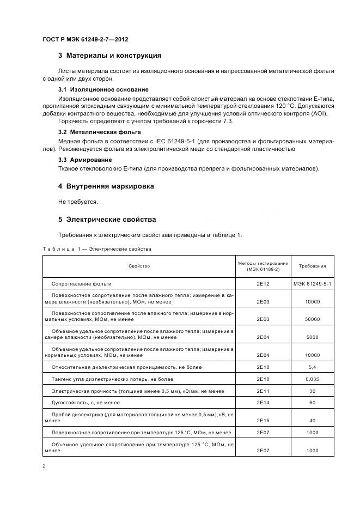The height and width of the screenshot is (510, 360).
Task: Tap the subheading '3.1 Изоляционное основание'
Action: (x=103, y=89)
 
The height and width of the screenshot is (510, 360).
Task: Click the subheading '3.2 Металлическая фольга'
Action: (x=99, y=132)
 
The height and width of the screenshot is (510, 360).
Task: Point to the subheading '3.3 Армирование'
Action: (x=85, y=160)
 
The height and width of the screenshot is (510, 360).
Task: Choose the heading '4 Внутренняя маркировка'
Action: (x=106, y=186)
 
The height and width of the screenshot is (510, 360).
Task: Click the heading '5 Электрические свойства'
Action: (x=107, y=220)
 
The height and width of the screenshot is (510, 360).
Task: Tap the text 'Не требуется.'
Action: (x=78, y=202)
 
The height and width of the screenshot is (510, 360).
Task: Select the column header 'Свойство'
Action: (x=139, y=266)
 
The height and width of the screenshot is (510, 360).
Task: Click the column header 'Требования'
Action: (x=312, y=266)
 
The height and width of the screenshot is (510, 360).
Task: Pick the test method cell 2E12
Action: (x=263, y=284)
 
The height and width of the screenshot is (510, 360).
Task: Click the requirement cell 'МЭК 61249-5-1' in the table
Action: (x=312, y=284)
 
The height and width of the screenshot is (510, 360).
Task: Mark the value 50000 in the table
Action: (x=312, y=319)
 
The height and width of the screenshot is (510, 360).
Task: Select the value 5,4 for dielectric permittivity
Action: (x=312, y=367)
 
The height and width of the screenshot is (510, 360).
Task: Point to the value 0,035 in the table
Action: (x=312, y=379)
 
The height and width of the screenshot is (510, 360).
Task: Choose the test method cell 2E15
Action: (x=263, y=421)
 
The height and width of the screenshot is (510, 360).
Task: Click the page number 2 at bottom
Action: (x=44, y=466)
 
